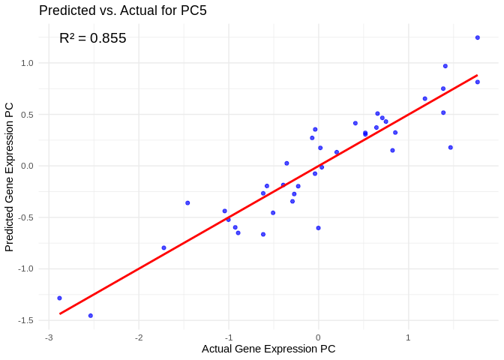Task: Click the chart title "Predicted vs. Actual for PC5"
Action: pyautogui.click(x=122, y=10)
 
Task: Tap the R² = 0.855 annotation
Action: pyautogui.click(x=93, y=38)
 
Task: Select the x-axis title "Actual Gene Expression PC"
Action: pyautogui.click(x=268, y=349)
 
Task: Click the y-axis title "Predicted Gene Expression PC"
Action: pyautogui.click(x=10, y=177)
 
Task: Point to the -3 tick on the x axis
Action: pyautogui.click(x=49, y=337)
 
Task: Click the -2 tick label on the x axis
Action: pyautogui.click(x=139, y=337)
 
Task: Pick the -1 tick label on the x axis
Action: pyautogui.click(x=228, y=337)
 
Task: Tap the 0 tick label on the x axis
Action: pyautogui.click(x=318, y=337)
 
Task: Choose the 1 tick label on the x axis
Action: pyautogui.click(x=408, y=337)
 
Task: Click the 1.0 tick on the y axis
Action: pyautogui.click(x=27, y=63)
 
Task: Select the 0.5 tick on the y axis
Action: pyautogui.click(x=27, y=115)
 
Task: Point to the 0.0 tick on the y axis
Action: pyautogui.click(x=27, y=166)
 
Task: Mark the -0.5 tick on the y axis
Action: pyautogui.click(x=26, y=217)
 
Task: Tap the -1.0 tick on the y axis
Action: pyautogui.click(x=26, y=268)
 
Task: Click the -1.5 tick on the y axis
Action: pyautogui.click(x=26, y=320)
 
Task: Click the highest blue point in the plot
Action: pyautogui.click(x=478, y=37)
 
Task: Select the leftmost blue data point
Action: pyautogui.click(x=59, y=298)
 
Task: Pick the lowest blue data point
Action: pyautogui.click(x=91, y=316)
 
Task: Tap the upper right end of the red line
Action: pyautogui.click(x=478, y=75)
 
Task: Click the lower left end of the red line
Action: pyautogui.click(x=60, y=313)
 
